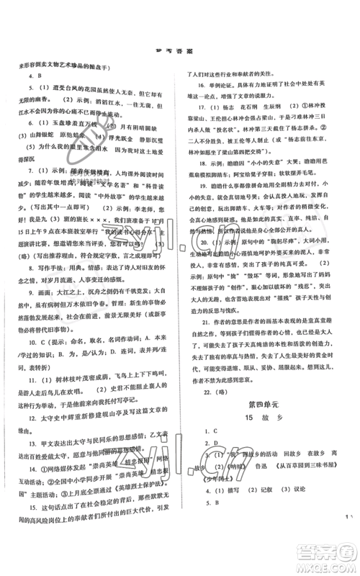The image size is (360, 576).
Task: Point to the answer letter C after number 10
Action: (35, 404)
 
